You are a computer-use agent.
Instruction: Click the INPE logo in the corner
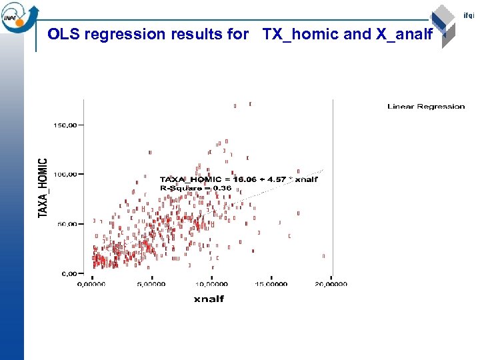coord(18,17)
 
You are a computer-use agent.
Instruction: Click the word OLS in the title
coord(63,34)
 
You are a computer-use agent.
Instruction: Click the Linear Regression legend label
coord(426,107)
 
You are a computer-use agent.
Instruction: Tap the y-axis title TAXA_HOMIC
coord(43,187)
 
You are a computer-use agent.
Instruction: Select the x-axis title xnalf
coord(209,299)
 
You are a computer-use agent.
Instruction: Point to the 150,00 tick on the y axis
coord(65,125)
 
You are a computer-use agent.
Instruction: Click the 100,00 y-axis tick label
coord(65,175)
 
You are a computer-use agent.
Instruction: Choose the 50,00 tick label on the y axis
coord(67,224)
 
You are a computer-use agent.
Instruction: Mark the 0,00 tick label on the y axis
coord(69,273)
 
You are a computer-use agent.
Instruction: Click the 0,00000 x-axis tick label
coord(91,284)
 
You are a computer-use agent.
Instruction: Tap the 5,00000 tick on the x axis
coord(151,284)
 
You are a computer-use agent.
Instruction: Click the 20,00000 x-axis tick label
coord(331,284)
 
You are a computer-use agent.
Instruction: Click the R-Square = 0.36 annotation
coord(195,189)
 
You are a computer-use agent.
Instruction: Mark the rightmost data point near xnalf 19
coord(323,256)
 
